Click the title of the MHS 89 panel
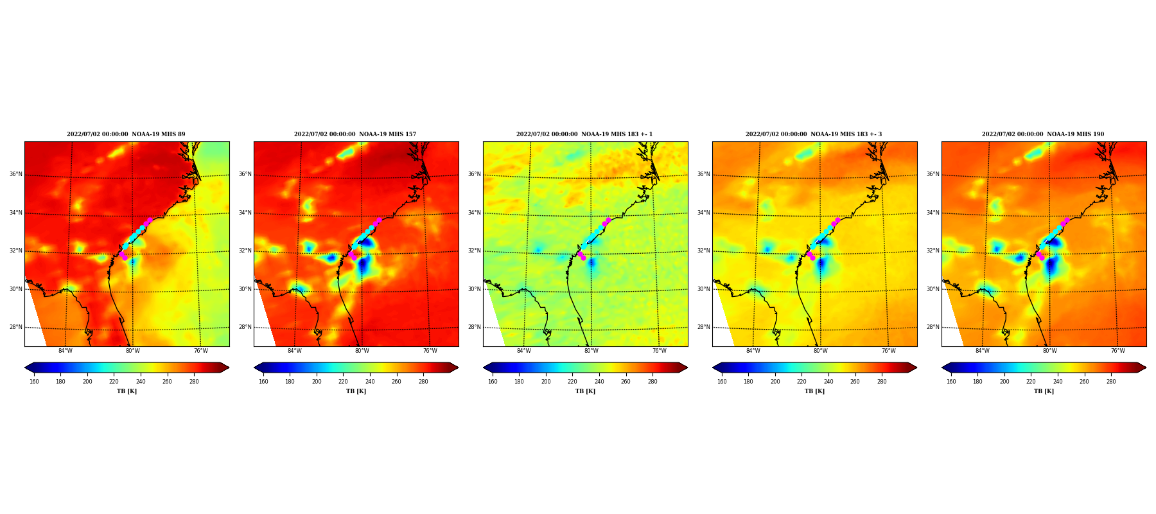coord(126,134)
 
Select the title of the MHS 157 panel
coord(355,134)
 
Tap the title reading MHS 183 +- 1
coord(584,134)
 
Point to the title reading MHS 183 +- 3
coord(814,134)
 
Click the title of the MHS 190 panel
coord(1043,134)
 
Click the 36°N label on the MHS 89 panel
coord(15,174)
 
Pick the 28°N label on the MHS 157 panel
coord(245,327)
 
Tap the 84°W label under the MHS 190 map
coord(982,351)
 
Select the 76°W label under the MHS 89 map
coord(200,351)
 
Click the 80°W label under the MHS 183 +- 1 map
coord(591,351)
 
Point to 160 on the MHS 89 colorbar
coord(34,382)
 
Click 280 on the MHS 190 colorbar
coord(1111,382)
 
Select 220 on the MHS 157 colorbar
coord(343,382)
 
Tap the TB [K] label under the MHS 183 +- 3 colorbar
coord(814,391)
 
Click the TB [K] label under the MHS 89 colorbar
coord(127,391)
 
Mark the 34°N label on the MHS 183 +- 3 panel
coord(703,213)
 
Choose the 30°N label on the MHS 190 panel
coord(933,289)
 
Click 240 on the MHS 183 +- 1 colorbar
coord(599,382)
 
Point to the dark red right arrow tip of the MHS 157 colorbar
coord(458,368)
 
